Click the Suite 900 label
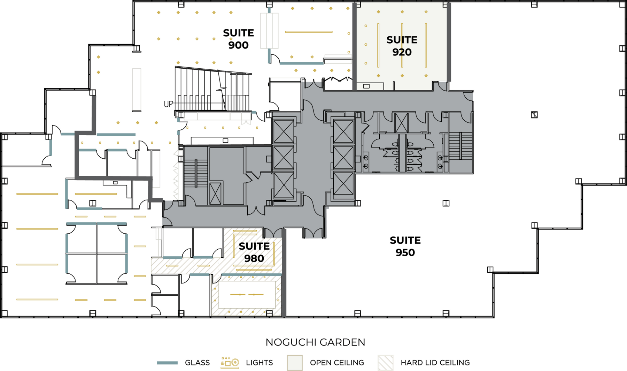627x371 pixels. pyautogui.click(x=238, y=39)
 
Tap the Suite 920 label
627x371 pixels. pyautogui.click(x=402, y=46)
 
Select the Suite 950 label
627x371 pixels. pyautogui.click(x=405, y=246)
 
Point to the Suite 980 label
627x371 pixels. pyautogui.click(x=254, y=252)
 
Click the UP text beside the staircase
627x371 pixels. pyautogui.click(x=168, y=104)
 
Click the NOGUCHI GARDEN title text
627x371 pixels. pyautogui.click(x=315, y=342)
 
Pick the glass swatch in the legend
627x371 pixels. pyautogui.click(x=167, y=363)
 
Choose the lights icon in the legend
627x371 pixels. pyautogui.click(x=230, y=363)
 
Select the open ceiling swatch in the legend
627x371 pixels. pyautogui.click(x=295, y=363)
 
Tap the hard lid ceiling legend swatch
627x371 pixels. pyautogui.click(x=385, y=363)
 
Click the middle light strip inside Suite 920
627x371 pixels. pyautogui.click(x=402, y=45)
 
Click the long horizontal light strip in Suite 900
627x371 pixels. pyautogui.click(x=309, y=32)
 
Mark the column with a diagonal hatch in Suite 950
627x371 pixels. pyautogui.click(x=534, y=115)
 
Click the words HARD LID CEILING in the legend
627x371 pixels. pyautogui.click(x=435, y=363)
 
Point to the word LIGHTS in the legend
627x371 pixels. pyautogui.click(x=259, y=363)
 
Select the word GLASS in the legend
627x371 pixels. pyautogui.click(x=197, y=363)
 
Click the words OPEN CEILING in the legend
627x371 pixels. pyautogui.click(x=337, y=363)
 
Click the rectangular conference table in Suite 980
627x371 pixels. pyautogui.click(x=247, y=295)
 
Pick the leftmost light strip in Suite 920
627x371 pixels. pyautogui.click(x=378, y=45)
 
